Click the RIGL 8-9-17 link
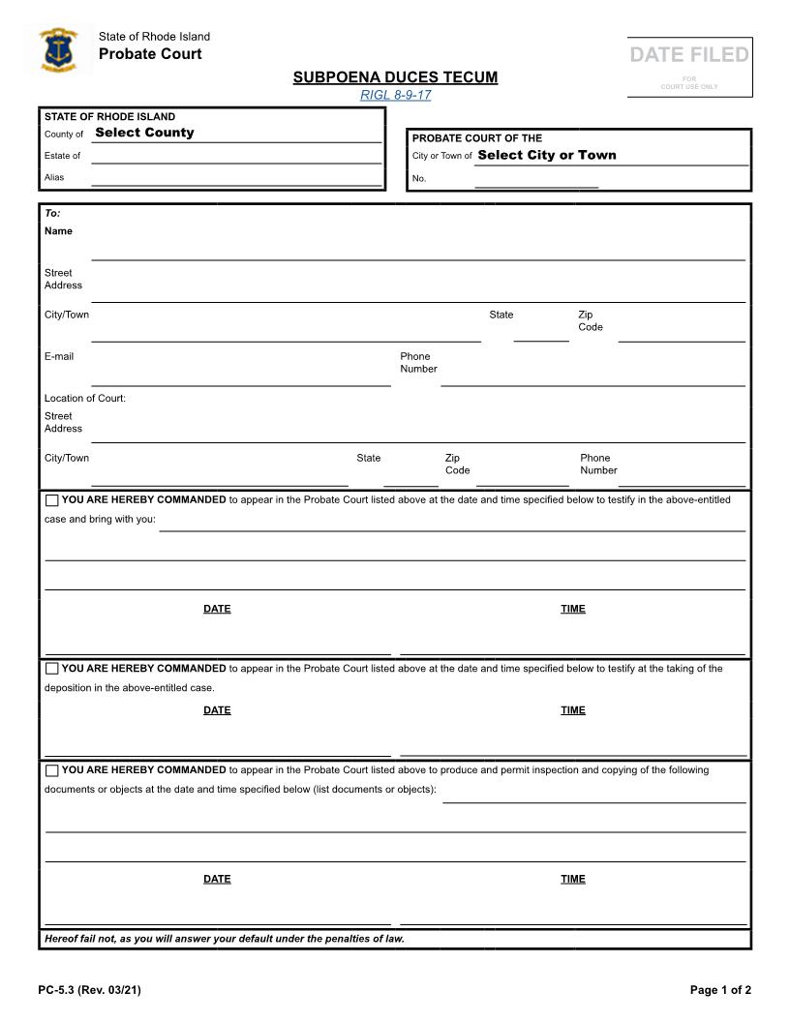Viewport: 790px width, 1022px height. [395, 95]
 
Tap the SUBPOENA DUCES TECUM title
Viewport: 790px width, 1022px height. [395, 77]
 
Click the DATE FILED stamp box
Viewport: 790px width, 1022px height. [689, 67]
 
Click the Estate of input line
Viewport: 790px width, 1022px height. [236, 156]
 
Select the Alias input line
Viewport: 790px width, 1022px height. [236, 178]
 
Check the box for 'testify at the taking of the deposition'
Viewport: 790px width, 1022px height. [51, 669]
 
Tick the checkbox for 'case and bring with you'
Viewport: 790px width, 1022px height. [51, 500]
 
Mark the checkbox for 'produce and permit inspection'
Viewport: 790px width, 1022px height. [51, 770]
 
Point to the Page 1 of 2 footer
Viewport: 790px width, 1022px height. [720, 990]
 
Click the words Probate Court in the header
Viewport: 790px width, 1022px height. [150, 54]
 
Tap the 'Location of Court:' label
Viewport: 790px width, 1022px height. [85, 399]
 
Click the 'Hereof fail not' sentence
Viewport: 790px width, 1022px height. [225, 939]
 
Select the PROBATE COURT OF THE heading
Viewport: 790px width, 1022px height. [477, 138]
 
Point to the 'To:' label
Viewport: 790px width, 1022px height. [52, 213]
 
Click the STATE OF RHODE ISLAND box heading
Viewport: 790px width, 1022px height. [109, 117]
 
